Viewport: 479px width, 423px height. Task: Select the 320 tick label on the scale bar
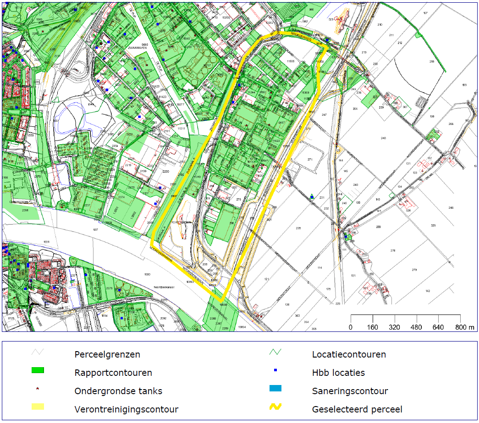coord(395,327)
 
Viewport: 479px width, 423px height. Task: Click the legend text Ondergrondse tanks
coord(118,391)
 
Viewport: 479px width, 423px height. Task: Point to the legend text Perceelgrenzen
coord(107,354)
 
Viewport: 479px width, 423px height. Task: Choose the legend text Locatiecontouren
coord(349,354)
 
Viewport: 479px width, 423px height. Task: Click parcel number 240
coord(383,138)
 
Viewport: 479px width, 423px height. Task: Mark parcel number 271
coord(310,159)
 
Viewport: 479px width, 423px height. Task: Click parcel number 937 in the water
coord(96,229)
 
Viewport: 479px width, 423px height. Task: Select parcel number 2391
coord(25,210)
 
